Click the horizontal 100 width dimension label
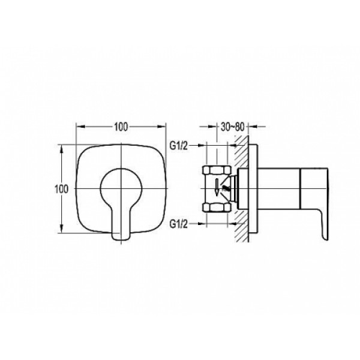click(x=121, y=127)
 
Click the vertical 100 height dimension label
click(x=61, y=189)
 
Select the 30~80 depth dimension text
click(x=232, y=127)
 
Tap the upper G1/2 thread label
click(x=178, y=146)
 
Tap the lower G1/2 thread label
click(x=178, y=224)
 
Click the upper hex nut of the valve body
click(x=217, y=170)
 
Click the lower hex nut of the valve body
click(x=217, y=208)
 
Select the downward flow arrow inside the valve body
click(x=216, y=188)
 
